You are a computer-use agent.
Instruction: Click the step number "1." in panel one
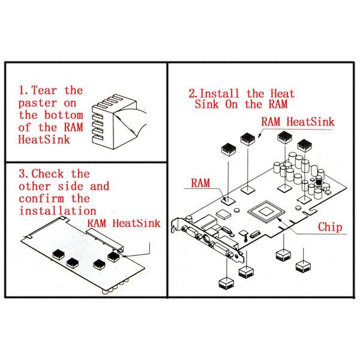pos(23,91)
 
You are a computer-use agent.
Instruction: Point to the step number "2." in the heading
pos(193,94)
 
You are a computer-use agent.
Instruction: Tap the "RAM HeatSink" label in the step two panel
pos(297,121)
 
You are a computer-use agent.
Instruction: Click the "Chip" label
pos(329,227)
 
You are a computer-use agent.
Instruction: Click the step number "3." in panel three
pos(23,174)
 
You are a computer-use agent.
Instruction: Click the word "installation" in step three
pos(58,211)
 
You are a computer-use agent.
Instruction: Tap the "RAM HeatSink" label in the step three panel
pos(125,224)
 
